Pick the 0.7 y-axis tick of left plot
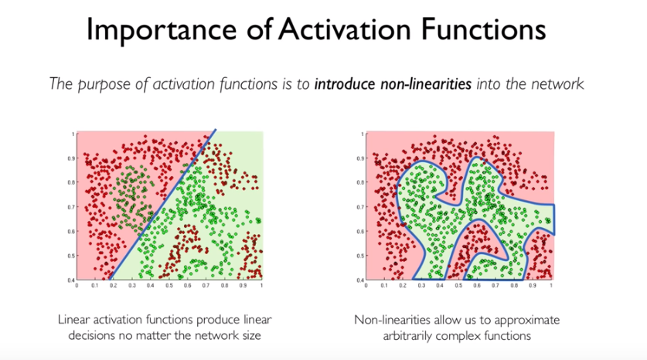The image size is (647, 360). (70, 207)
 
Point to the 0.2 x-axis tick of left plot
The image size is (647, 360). (113, 286)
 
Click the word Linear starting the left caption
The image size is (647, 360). (74, 318)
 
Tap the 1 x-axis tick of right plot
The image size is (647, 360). (550, 286)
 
